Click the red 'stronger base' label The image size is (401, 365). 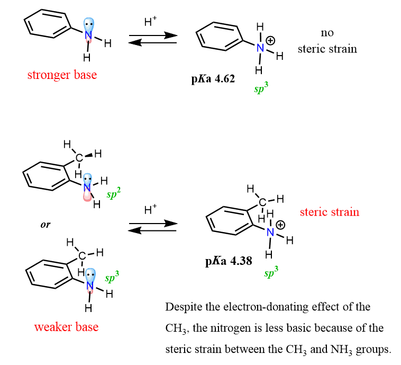pos(62,75)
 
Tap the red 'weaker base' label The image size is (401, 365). pos(66,327)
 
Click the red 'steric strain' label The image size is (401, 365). pos(329,212)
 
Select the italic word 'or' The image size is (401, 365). pos(45,225)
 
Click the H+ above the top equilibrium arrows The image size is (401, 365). pos(151,22)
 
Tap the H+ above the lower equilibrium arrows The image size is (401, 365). pos(151,209)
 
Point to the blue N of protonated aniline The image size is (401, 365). pos(260,48)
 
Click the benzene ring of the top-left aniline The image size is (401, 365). pos(47,25)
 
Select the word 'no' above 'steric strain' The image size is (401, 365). pos(327,33)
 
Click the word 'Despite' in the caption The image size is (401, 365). pos(183,307)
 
